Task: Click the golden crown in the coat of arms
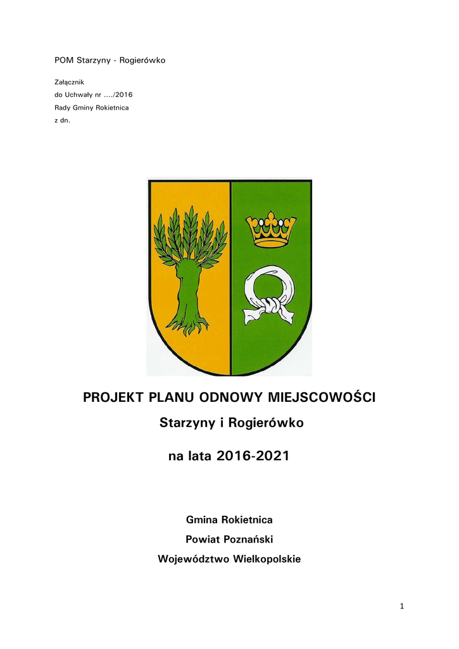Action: [x=271, y=230]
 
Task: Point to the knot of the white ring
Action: [x=271, y=307]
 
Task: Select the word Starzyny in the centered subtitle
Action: [x=185, y=423]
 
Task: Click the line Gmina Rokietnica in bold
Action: [x=229, y=520]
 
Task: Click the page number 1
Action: [x=401, y=607]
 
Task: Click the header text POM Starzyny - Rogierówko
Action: [x=110, y=60]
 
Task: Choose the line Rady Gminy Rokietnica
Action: [x=92, y=108]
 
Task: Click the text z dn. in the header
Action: [x=63, y=120]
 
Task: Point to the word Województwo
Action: [x=194, y=559]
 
